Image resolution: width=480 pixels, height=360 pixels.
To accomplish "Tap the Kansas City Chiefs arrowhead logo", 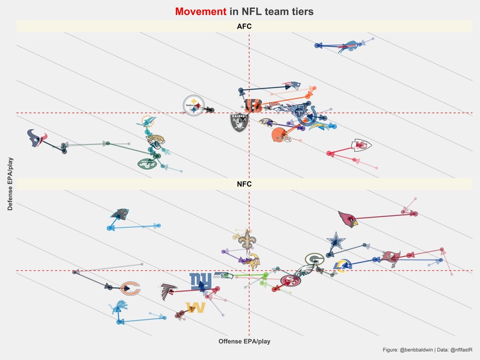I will click(x=361, y=146).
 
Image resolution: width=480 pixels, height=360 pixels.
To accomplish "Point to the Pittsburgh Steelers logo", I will click(x=194, y=106).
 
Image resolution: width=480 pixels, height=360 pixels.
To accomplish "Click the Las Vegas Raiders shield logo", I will click(x=239, y=122).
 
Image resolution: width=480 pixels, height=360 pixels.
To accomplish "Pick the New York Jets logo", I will click(x=147, y=164).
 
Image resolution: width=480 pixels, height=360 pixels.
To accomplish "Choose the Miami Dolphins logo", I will click(x=146, y=122).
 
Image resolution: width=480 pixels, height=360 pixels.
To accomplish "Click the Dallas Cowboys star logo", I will click(x=336, y=241).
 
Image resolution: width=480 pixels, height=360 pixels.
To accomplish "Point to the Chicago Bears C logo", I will click(x=130, y=288).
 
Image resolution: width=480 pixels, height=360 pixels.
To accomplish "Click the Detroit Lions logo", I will click(x=118, y=308).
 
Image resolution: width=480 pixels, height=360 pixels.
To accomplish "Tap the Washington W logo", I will click(x=195, y=308).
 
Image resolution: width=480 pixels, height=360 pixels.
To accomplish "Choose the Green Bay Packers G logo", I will click(x=314, y=260).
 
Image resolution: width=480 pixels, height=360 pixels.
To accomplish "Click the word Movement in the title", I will click(x=200, y=12).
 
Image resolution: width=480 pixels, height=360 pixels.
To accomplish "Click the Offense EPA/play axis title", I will click(x=244, y=341).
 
